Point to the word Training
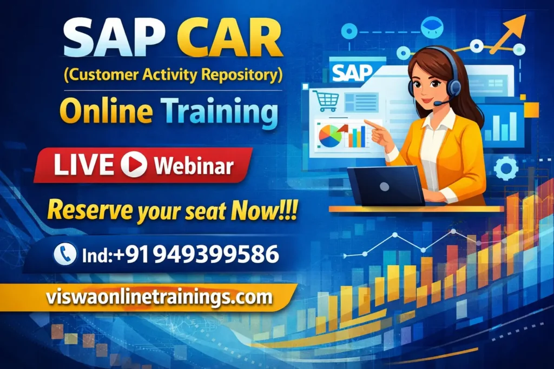pyautogui.click(x=219, y=111)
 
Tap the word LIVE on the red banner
pyautogui.click(x=84, y=165)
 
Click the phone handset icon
pyautogui.click(x=65, y=254)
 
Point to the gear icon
pyautogui.click(x=506, y=167)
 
